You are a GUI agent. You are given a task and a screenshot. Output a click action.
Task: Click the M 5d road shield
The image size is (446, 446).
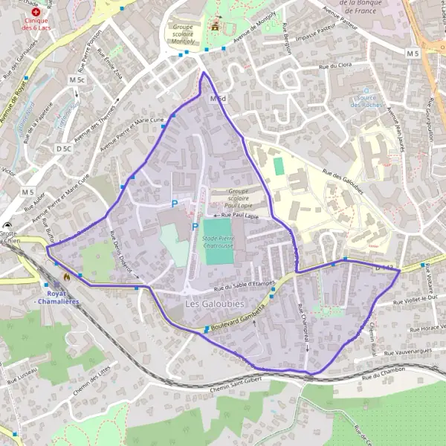coord(217,99)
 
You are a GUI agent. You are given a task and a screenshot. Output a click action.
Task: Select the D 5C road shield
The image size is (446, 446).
coord(64,149)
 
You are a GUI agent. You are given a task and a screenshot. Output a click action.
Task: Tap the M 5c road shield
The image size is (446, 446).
coord(77,80)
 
